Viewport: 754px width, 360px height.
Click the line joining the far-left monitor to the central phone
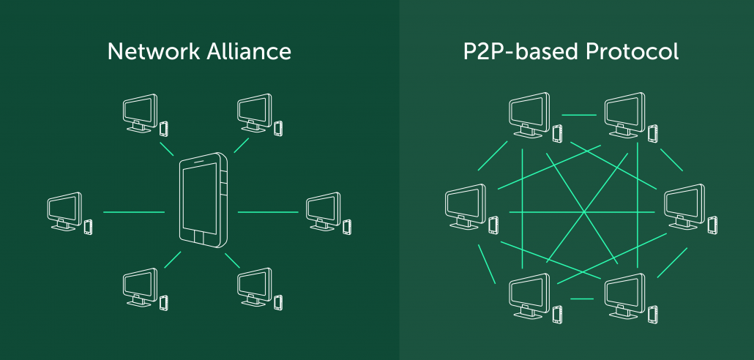[134, 212]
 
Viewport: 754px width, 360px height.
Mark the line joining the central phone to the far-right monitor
[268, 212]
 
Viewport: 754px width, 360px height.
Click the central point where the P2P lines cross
[583, 213]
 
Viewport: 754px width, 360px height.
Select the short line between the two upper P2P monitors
[578, 115]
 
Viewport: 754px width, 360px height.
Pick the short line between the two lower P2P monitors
[581, 298]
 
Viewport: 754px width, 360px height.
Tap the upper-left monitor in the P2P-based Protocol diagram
[528, 112]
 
